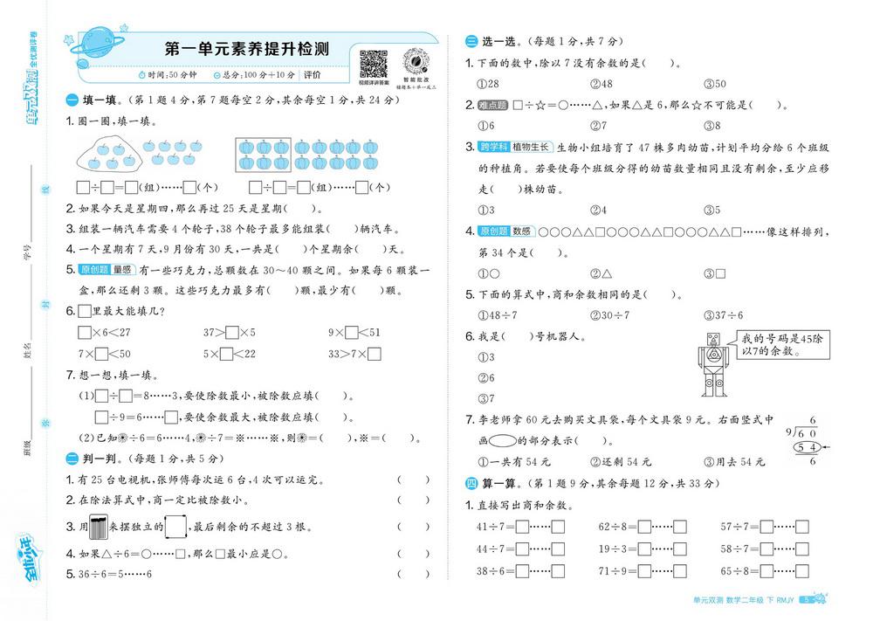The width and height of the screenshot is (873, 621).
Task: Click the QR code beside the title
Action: [x=373, y=62]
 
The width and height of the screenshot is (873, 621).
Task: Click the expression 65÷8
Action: [x=738, y=571]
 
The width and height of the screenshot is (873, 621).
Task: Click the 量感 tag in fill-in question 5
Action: [x=121, y=270]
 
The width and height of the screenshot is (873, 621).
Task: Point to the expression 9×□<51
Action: [x=354, y=332]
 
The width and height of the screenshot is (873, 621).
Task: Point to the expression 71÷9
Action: [x=615, y=571]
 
